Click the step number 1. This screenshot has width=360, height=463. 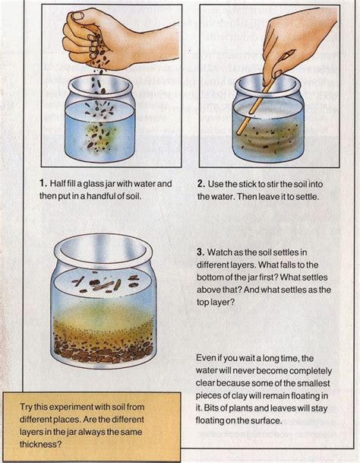(x=43, y=183)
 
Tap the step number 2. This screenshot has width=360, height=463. (x=201, y=184)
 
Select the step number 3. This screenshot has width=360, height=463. (x=201, y=252)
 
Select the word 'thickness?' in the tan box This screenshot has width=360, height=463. (x=40, y=444)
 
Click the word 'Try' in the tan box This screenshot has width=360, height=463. (x=26, y=408)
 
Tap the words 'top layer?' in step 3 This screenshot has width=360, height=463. (x=216, y=303)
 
